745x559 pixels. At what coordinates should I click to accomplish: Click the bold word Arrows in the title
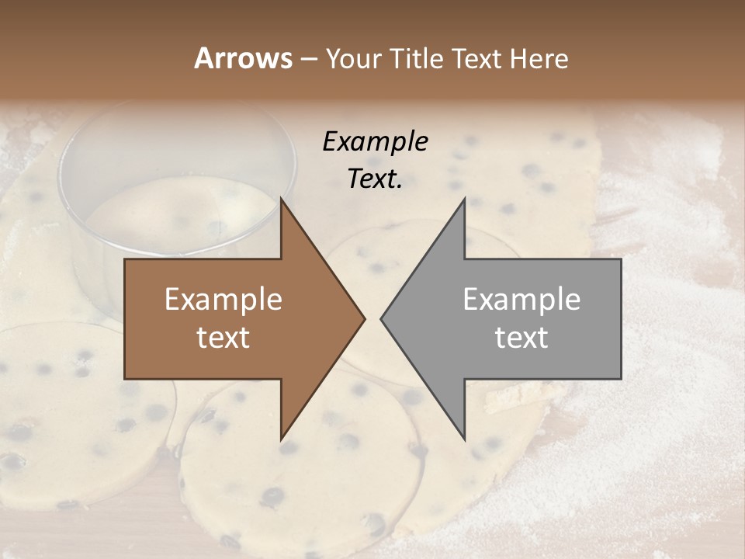tap(243, 58)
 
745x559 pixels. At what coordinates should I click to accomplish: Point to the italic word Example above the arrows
tap(375, 141)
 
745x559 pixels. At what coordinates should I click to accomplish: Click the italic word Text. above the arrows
tap(375, 179)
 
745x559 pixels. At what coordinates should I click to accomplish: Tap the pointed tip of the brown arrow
tap(362, 318)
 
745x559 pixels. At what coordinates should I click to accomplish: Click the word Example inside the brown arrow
tap(223, 300)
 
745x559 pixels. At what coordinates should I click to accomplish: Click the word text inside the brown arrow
tap(223, 338)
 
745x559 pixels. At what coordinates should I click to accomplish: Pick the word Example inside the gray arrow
tap(521, 300)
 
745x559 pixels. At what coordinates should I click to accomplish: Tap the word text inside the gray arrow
tap(521, 338)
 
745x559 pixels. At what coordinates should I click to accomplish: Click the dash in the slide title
tap(309, 59)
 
